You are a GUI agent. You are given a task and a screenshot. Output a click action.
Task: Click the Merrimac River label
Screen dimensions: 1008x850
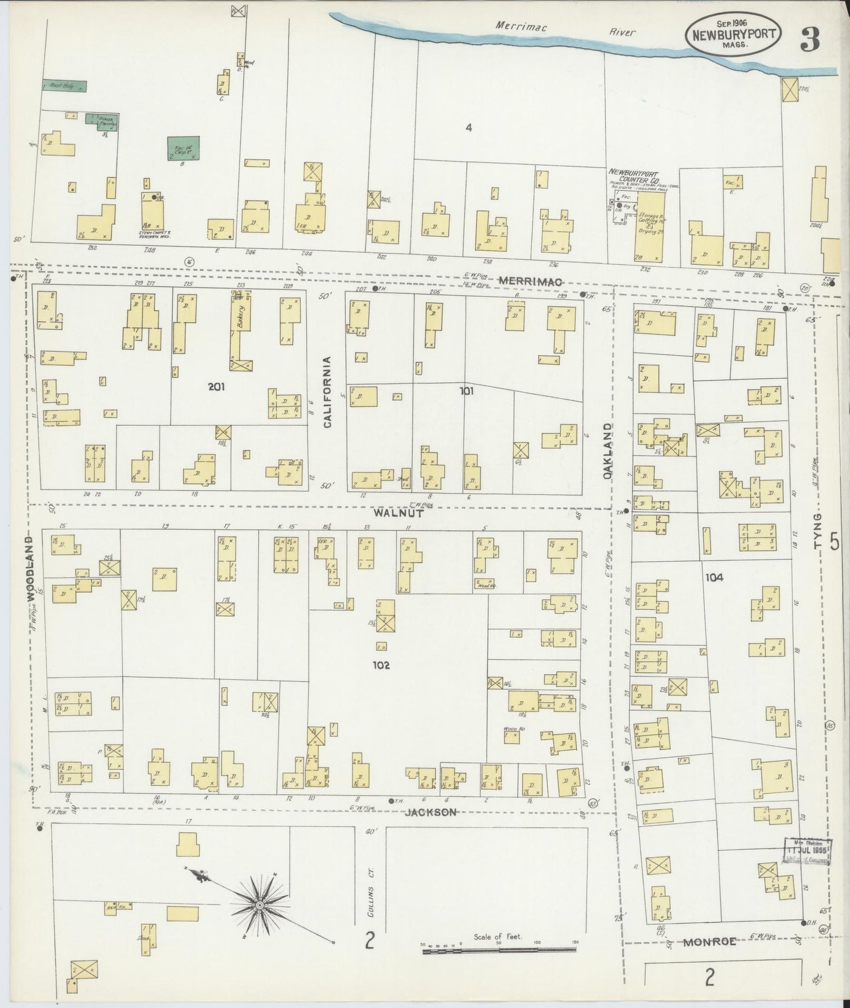[565, 29]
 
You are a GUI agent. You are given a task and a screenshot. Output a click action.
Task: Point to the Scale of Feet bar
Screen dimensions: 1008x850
[499, 949]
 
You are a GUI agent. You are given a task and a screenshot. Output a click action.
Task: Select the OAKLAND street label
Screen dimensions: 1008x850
[608, 450]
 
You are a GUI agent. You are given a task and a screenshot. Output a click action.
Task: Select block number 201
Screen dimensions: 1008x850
[217, 387]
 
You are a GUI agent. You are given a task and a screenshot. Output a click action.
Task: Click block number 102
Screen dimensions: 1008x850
[381, 665]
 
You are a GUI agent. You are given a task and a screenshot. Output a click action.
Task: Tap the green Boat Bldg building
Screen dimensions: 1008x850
[64, 86]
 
